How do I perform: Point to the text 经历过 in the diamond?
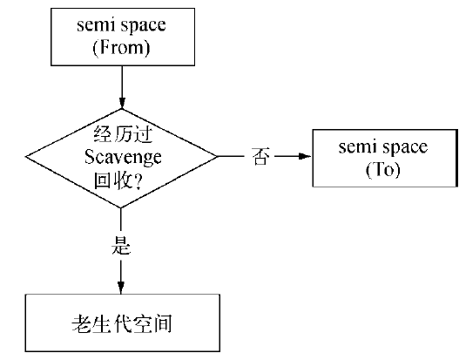coord(121,135)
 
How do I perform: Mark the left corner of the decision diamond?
coord(26,157)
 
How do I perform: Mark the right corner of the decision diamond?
coord(217,157)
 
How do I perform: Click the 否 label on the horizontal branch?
coord(260,158)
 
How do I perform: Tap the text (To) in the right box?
coord(384,169)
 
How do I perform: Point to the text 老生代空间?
coord(121,323)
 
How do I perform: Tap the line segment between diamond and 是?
coord(121,221)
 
